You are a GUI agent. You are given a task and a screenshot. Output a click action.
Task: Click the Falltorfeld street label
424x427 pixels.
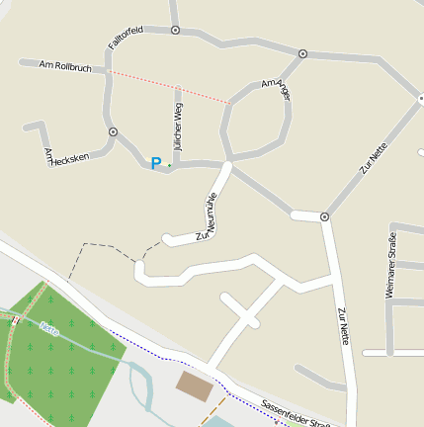(x=126, y=38)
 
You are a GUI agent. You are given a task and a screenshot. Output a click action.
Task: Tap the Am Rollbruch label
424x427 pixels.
(x=65, y=67)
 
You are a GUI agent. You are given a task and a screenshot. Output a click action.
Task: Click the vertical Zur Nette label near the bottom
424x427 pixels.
(x=343, y=327)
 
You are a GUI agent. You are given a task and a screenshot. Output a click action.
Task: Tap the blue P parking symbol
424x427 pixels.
(x=155, y=163)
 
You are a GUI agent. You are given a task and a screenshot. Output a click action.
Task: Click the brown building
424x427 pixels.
(x=194, y=386)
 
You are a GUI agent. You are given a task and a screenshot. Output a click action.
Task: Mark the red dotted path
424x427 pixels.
(x=168, y=86)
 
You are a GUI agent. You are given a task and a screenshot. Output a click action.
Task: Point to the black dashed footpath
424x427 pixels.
(x=99, y=245)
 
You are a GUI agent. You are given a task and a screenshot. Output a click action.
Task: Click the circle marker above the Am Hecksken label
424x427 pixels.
(x=113, y=131)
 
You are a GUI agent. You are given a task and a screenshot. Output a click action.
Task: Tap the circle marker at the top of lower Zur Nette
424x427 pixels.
(x=324, y=215)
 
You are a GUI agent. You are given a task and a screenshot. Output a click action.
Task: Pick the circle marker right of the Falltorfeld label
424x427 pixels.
(x=175, y=31)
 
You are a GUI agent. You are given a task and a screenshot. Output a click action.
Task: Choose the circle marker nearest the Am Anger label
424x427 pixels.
(x=302, y=54)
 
